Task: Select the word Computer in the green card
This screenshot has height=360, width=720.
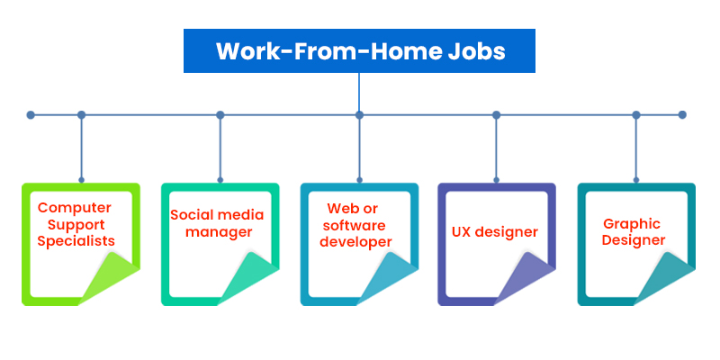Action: pos(75,209)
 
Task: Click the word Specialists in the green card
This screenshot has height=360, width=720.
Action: pos(76,241)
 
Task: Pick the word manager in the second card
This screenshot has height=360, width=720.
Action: pos(219,232)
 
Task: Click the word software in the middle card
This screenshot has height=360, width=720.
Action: pos(353,226)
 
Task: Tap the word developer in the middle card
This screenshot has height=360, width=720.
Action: pos(355,242)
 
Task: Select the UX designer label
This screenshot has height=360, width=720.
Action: pos(495,232)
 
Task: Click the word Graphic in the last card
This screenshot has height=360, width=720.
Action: pos(632,223)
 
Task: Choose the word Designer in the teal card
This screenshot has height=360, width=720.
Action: pos(634,239)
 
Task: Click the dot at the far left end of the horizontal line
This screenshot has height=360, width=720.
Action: pos(31,115)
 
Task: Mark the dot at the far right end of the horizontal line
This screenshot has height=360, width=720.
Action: pos(682,115)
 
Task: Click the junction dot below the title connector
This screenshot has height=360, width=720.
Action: pos(359,115)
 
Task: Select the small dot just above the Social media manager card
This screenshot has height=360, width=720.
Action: pos(220,180)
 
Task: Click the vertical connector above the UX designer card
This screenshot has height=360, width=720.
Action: pos(497,148)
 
